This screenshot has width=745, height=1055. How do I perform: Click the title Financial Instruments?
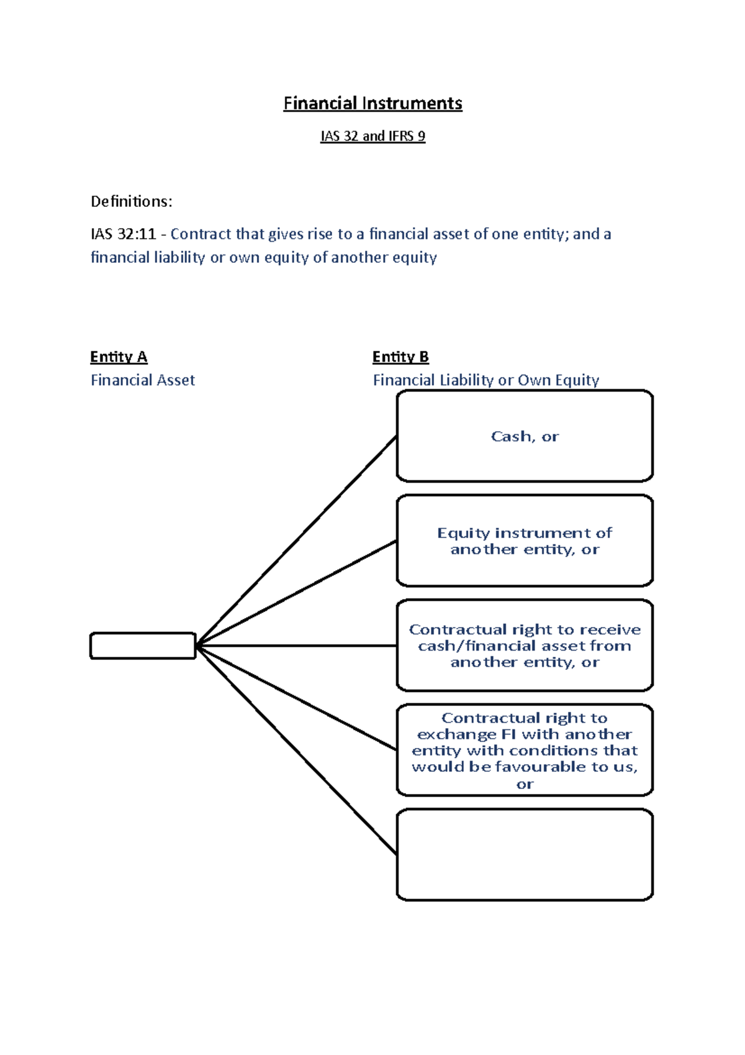pos(372,103)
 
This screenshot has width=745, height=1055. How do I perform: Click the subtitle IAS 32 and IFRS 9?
pos(372,136)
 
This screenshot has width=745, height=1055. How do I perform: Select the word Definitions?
pos(132,201)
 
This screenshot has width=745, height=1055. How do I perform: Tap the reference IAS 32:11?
pos(123,234)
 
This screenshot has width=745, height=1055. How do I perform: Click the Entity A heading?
pos(119,357)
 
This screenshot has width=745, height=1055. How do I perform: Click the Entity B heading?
pos(400,357)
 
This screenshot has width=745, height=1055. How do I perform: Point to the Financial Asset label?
pos(143,380)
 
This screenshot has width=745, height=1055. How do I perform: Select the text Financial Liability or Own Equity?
pos(485,380)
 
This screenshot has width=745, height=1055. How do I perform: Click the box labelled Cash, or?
pos(525,436)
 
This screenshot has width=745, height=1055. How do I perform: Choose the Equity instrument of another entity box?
pos(525,541)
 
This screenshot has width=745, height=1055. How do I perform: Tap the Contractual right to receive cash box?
pos(525,646)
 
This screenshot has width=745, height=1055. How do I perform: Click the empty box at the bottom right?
pos(525,854)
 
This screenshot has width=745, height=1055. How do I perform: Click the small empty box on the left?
pos(143,646)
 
